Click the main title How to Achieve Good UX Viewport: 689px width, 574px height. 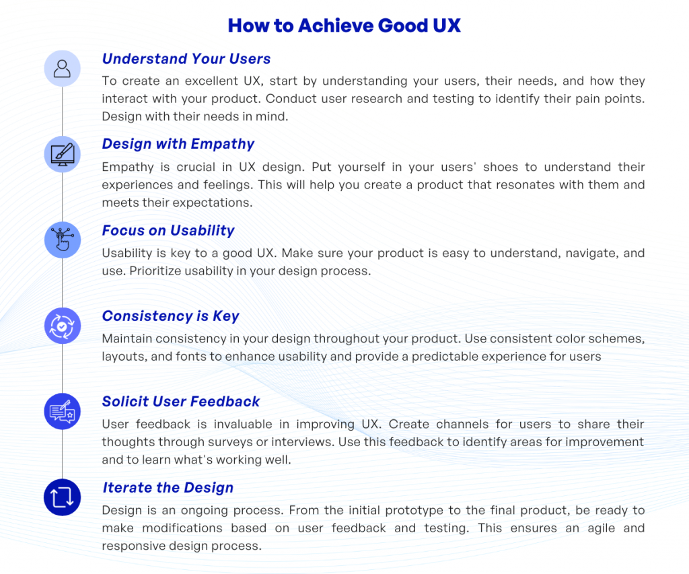344,26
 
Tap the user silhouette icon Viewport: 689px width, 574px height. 63,68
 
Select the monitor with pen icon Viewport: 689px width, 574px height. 63,154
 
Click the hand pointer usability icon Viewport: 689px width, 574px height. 63,240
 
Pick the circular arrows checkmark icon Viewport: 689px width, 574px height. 63,326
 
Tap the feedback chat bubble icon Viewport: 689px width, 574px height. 63,412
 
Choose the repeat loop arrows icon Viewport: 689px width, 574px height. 63,498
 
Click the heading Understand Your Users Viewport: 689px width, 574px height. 186,59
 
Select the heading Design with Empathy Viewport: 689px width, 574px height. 178,144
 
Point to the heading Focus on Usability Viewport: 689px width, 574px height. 168,230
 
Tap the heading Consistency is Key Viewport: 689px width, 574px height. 171,316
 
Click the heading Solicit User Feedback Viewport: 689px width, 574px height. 181,402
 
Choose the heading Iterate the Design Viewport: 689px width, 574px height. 168,488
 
